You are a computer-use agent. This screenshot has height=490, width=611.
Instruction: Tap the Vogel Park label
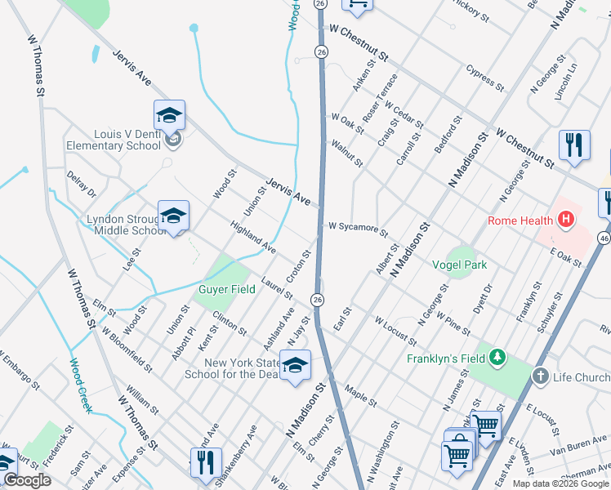point(460,265)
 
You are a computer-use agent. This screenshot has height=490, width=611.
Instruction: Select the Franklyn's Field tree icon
point(496,358)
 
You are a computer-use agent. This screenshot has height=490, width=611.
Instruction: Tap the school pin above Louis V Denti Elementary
point(169,115)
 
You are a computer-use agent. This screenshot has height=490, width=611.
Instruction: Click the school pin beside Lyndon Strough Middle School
point(173,216)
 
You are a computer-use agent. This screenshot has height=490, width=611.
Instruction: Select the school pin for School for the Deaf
point(295,365)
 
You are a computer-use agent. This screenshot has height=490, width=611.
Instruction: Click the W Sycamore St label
point(358,227)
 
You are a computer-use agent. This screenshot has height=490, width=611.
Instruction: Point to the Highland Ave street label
point(252,236)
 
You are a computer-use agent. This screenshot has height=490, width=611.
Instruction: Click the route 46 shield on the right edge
point(604,238)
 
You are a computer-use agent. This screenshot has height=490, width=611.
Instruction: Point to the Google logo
point(27,480)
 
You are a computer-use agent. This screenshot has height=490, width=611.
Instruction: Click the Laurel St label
point(277,287)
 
